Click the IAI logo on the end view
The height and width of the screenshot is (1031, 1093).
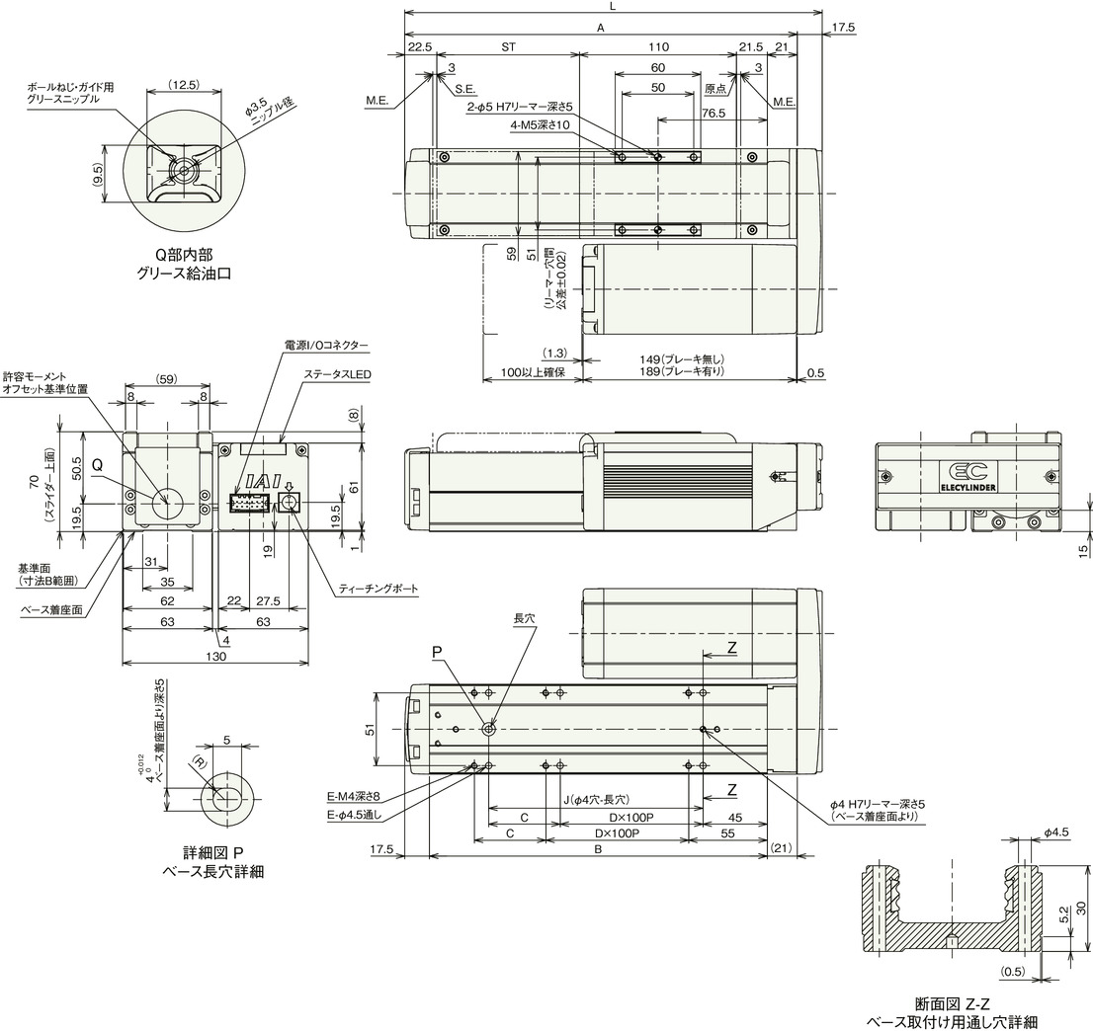262,481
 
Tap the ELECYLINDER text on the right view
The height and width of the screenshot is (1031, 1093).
967,488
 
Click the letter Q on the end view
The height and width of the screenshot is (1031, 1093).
98,464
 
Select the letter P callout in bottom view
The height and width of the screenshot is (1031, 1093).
437,652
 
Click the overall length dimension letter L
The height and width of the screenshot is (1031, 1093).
613,6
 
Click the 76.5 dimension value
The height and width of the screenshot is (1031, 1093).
714,113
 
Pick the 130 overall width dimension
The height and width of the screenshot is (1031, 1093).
216,656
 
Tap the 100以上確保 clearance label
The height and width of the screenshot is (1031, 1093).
532,372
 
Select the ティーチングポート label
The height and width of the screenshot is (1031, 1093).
378,589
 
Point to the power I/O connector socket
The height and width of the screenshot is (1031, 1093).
249,503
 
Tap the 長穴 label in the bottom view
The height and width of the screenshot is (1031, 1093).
524,618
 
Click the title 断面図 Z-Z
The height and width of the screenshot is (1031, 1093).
953,1003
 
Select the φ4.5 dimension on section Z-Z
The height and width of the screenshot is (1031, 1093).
1056,832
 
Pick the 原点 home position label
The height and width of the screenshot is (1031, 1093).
715,89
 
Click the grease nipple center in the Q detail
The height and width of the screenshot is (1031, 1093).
184,169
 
